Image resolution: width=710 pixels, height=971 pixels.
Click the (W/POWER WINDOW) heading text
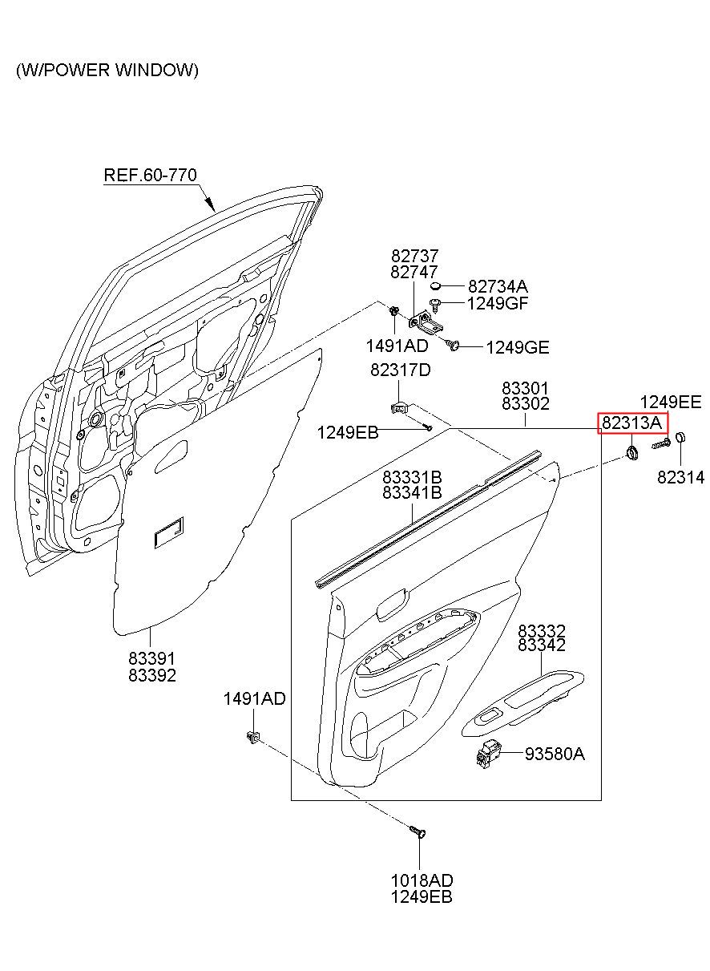pos(107,71)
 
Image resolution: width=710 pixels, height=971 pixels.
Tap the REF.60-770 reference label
pos(151,175)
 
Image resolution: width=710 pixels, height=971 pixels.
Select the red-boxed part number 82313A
pos(632,423)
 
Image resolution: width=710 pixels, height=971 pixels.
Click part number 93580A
pos(555,755)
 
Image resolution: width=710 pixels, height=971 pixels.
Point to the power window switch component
pos(488,755)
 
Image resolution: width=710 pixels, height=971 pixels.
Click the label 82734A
pos(498,286)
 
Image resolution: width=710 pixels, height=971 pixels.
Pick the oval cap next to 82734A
pos(436,285)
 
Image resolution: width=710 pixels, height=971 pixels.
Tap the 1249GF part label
pos(498,303)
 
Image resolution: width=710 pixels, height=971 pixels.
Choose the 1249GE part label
pos(517,347)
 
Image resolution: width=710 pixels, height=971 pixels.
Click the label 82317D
pos(400,370)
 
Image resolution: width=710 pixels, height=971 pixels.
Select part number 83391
pos(152,659)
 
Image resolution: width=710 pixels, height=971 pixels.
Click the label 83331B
pos(412,477)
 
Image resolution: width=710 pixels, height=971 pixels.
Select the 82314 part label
pos(680,477)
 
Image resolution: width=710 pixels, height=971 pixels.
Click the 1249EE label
pos(671,403)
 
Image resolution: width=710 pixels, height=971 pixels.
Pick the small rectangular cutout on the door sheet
pos(169,532)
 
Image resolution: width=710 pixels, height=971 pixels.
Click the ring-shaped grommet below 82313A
pos(633,453)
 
